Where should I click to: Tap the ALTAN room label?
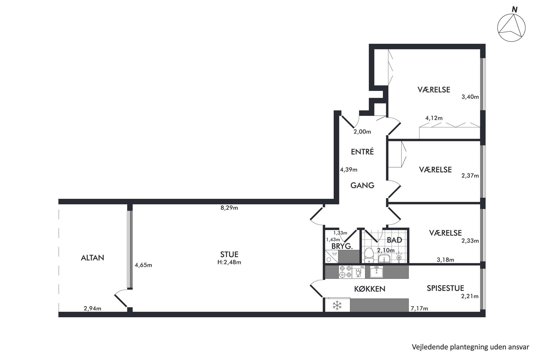tap(93, 258)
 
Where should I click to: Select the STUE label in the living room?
tap(229, 254)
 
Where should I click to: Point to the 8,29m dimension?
tap(229, 208)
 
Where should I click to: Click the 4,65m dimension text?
tap(143, 265)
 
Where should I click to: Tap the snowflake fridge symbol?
tap(337, 305)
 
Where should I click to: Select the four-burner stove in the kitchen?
tap(345, 272)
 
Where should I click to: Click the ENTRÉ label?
tap(362, 152)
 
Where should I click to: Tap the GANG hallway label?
tap(362, 185)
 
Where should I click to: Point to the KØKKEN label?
tap(370, 289)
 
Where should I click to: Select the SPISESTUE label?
tap(445, 288)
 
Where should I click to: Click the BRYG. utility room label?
tap(342, 246)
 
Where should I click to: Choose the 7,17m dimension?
tap(419, 308)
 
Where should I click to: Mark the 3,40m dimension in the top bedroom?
tap(470, 97)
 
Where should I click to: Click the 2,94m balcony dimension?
tap(93, 308)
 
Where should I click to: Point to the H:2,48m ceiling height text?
tap(229, 262)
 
